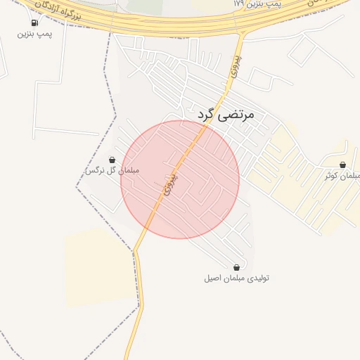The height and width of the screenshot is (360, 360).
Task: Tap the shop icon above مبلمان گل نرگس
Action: point(112,160)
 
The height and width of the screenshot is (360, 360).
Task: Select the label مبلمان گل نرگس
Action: point(112,171)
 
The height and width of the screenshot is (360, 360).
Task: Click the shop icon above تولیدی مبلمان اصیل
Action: point(236,267)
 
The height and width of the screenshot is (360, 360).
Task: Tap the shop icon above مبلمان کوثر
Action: point(342,165)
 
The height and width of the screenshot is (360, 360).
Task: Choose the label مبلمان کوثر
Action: point(343,175)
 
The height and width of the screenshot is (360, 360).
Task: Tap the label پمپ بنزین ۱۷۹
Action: point(257,4)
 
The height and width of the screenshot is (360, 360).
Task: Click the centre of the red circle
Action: point(180,179)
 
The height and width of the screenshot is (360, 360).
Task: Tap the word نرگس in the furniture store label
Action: point(94,171)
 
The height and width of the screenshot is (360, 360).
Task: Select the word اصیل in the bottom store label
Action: point(213,278)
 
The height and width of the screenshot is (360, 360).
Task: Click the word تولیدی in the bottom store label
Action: point(257,278)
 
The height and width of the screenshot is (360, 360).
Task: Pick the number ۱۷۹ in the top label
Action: point(239,4)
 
